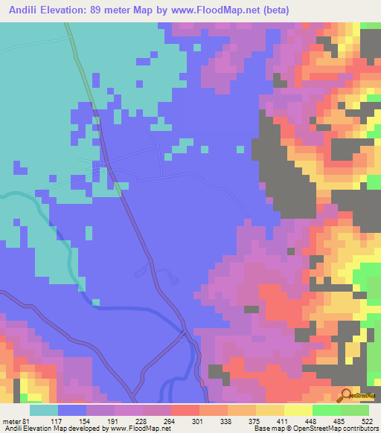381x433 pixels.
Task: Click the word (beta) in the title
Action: click(273, 10)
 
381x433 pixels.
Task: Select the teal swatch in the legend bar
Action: click(44, 410)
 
